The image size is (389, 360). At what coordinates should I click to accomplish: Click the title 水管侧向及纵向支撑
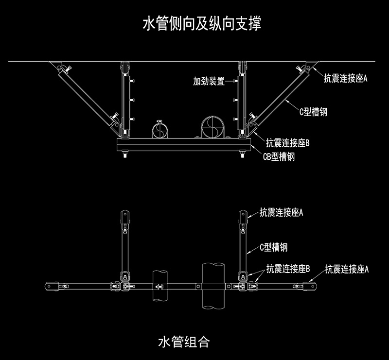point(202,23)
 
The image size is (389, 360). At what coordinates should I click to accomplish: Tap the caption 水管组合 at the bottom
point(184,342)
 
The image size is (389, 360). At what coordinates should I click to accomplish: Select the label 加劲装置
point(209,81)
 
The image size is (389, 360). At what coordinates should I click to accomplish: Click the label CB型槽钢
point(279,157)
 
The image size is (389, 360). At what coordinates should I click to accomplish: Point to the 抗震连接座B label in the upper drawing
point(288,143)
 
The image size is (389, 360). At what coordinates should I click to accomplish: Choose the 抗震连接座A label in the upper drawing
point(346,78)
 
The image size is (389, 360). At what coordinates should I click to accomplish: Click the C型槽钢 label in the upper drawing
point(313,112)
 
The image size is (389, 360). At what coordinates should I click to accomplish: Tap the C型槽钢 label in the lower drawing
point(274,247)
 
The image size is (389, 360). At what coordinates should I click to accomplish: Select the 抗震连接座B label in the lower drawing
point(288,269)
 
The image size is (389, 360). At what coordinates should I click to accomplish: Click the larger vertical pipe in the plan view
point(213,286)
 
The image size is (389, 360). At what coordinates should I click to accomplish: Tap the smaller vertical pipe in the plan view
point(160,286)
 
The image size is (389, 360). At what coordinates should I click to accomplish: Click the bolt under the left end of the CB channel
point(124,154)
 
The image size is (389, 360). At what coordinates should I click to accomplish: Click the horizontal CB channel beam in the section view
point(184,144)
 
